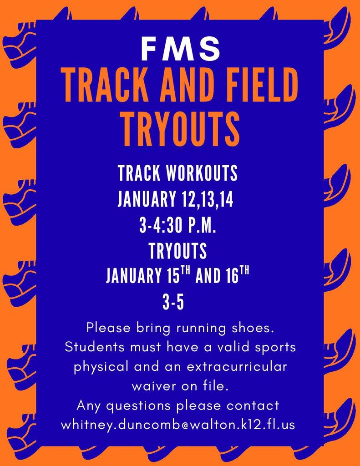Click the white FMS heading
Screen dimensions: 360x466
click(x=180, y=49)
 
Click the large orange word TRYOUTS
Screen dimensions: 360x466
click(x=181, y=129)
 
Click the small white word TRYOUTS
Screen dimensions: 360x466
click(x=178, y=251)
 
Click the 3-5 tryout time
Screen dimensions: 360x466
click(x=173, y=303)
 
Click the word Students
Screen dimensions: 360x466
click(x=95, y=347)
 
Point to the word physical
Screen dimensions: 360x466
click(x=101, y=367)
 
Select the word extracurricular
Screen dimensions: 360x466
click(x=237, y=366)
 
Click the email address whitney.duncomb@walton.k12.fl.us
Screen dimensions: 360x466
click(x=178, y=425)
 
